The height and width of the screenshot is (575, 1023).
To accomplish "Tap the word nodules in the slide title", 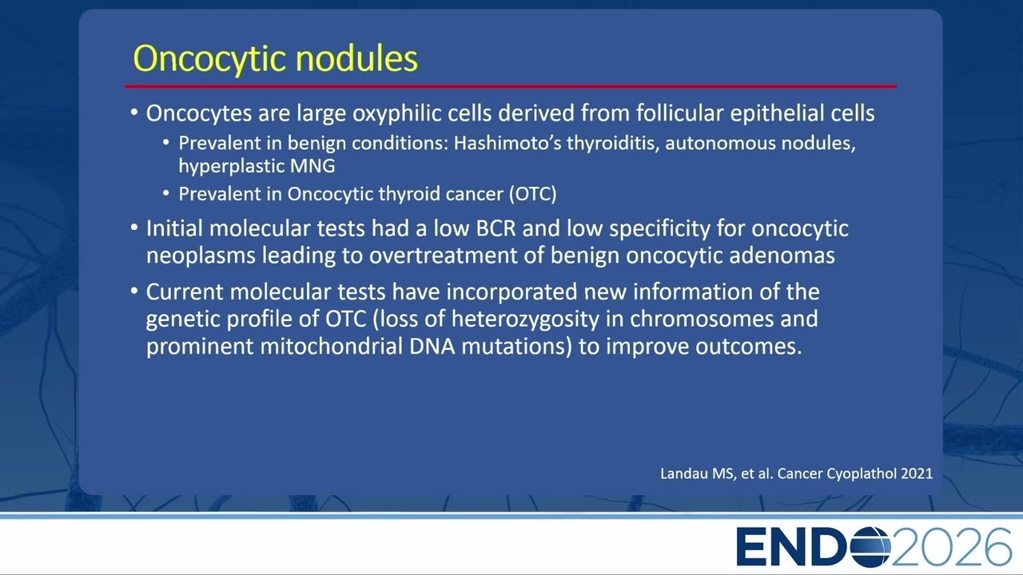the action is click(356, 58).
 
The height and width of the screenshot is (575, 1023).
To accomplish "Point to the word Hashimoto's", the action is click(507, 143).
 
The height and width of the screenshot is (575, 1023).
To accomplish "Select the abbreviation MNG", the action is click(312, 165).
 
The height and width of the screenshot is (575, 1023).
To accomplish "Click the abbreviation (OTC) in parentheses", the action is click(532, 194).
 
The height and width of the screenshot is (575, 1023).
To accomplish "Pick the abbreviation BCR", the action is click(496, 228).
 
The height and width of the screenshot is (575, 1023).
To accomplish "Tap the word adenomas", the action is click(782, 256).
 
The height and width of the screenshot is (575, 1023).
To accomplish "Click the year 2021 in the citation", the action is click(917, 474).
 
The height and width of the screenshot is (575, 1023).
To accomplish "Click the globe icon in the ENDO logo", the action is click(870, 546).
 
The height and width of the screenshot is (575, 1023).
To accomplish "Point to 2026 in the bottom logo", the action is click(951, 547).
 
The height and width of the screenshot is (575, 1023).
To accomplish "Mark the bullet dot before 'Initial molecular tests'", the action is click(134, 228).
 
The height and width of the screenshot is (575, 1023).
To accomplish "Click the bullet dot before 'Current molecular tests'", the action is click(134, 291).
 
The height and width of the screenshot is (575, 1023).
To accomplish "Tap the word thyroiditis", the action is click(613, 143).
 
